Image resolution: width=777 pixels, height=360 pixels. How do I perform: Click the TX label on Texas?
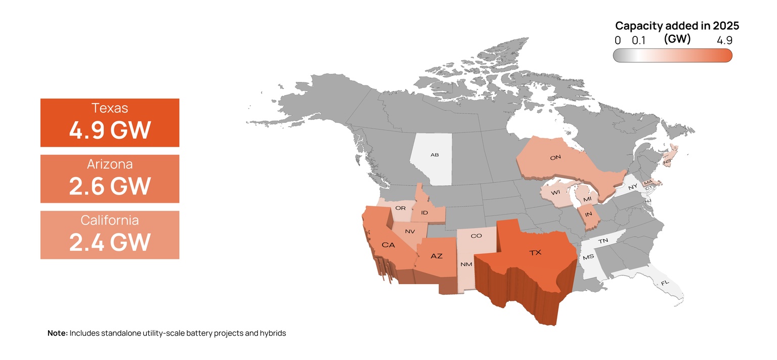click(535, 253)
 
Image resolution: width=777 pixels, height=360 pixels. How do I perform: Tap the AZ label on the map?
click(436, 256)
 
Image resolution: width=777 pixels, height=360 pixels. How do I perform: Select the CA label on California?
click(388, 245)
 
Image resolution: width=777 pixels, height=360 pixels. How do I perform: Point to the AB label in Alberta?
click(435, 155)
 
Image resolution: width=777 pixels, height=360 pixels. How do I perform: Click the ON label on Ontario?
click(555, 158)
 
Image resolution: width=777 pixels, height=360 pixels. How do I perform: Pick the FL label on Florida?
click(665, 283)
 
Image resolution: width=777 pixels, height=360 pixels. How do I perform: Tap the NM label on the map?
click(466, 264)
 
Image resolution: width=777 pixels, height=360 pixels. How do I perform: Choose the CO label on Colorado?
click(476, 236)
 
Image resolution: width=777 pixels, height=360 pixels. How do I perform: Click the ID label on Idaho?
click(424, 213)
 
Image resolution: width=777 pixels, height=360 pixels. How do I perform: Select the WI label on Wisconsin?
click(555, 193)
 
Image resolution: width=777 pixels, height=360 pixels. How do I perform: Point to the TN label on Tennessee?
click(603, 241)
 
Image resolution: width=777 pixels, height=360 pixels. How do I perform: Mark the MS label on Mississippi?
click(588, 257)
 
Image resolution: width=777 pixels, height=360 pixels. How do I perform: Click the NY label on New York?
click(632, 187)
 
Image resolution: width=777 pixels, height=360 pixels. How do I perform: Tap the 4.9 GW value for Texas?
click(110, 130)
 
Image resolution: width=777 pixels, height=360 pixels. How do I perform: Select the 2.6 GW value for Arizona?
click(110, 187)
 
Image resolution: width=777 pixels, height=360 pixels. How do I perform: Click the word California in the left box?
click(110, 220)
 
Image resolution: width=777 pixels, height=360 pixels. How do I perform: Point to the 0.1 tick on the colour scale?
click(639, 40)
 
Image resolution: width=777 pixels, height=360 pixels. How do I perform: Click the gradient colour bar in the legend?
click(672, 55)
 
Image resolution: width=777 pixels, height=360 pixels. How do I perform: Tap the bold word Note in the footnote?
click(57, 333)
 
